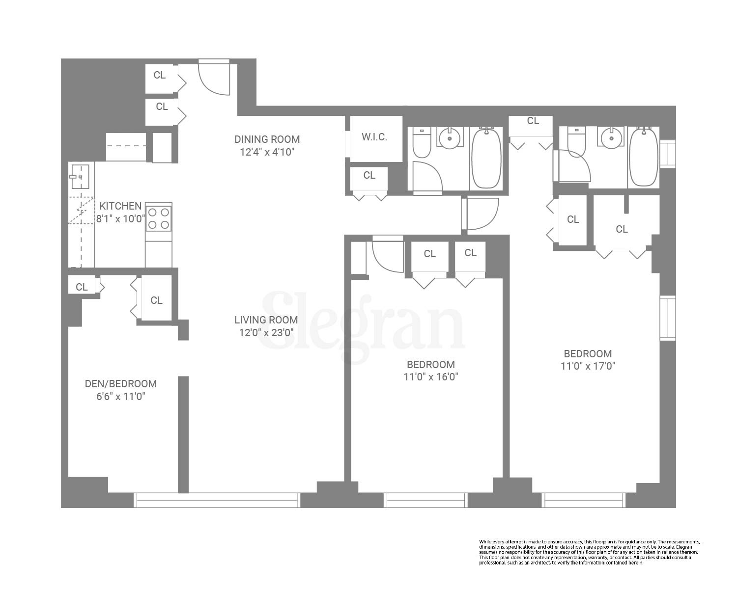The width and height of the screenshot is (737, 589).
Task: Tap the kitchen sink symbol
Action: tap(80, 176)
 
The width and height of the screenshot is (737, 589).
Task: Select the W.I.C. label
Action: tap(374, 137)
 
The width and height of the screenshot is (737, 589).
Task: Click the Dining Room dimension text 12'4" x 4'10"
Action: tap(267, 152)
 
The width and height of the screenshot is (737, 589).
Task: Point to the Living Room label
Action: tap(266, 320)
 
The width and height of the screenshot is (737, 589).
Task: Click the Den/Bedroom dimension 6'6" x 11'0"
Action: tap(121, 396)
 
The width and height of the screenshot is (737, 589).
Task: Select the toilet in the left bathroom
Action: tap(422, 142)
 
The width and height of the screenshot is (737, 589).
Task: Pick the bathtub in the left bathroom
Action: tap(486, 158)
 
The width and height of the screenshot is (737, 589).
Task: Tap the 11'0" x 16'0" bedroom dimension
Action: tap(431, 377)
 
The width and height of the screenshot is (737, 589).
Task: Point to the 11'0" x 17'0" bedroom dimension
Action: tap(588, 366)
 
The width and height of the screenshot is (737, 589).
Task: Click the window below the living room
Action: tap(217, 500)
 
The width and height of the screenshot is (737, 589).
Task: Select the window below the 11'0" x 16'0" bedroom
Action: tap(425, 500)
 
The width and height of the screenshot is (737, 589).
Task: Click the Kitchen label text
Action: tap(120, 206)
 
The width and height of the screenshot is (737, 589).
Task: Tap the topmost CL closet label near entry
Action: tap(160, 75)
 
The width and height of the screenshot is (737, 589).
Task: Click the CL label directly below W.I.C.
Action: tap(369, 175)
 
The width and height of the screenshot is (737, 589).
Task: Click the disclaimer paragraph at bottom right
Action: tap(589, 552)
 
